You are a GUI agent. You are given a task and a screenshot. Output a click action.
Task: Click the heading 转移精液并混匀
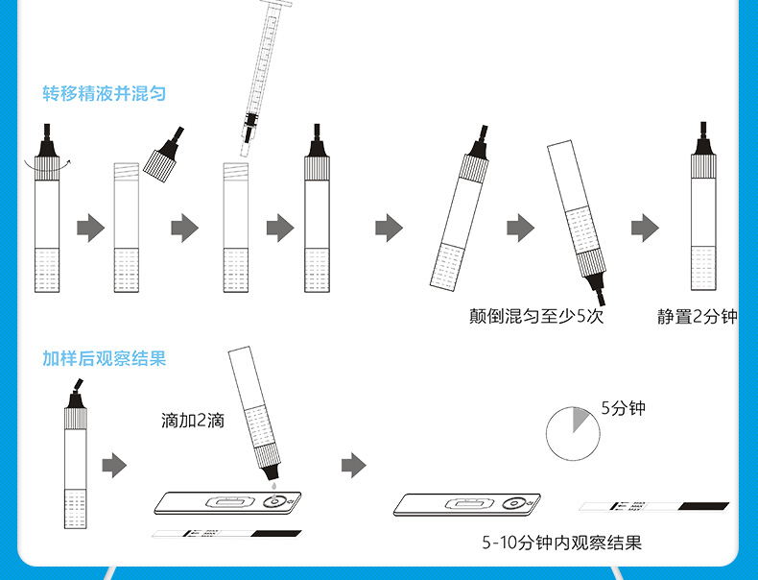point(105,93)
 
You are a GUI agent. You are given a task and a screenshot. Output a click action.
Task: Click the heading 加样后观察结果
point(105,358)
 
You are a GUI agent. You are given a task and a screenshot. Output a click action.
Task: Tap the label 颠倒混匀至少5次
point(536,316)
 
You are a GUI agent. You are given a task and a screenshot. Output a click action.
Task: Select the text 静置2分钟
point(697,316)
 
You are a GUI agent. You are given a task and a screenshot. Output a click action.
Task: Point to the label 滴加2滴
point(193,420)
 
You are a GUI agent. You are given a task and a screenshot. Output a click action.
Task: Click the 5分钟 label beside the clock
point(624,408)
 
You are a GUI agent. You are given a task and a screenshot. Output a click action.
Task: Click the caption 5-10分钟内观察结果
point(561,544)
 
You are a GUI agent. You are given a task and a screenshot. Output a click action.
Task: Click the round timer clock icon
point(572,433)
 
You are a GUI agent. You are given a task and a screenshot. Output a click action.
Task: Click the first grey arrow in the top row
point(90,229)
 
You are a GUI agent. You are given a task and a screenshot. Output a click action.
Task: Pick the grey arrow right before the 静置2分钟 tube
point(645,229)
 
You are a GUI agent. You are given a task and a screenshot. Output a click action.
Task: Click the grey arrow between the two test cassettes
point(354,467)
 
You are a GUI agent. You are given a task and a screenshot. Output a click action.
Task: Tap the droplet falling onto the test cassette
point(272,487)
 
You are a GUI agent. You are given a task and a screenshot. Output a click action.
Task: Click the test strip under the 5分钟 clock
point(653,506)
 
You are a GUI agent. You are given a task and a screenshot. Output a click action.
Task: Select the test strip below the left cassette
point(226,533)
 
